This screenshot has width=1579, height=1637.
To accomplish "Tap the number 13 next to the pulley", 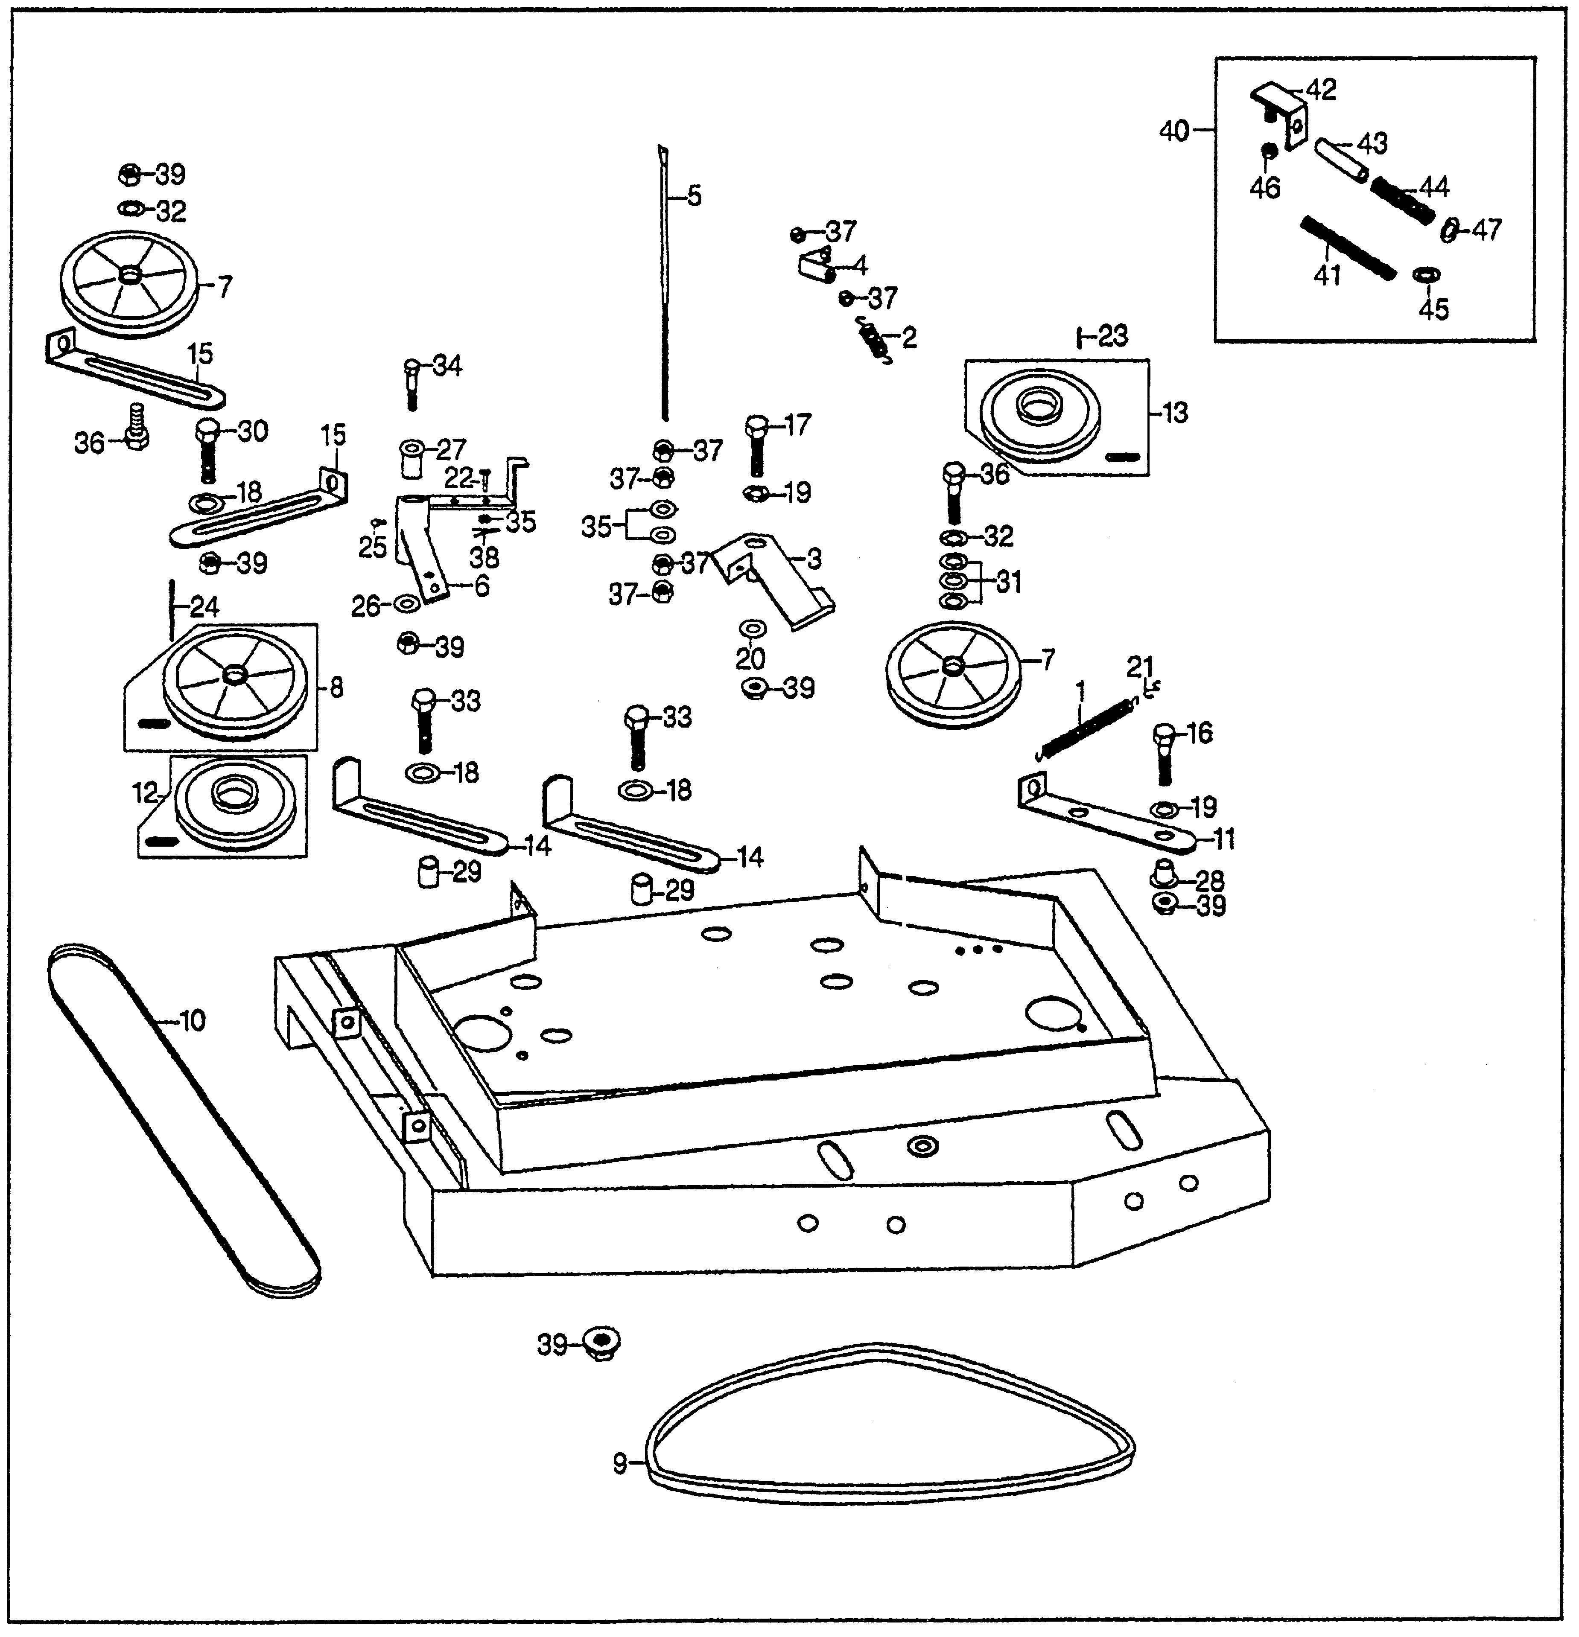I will pyautogui.click(x=1176, y=413).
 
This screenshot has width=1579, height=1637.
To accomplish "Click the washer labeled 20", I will pyautogui.click(x=751, y=628).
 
